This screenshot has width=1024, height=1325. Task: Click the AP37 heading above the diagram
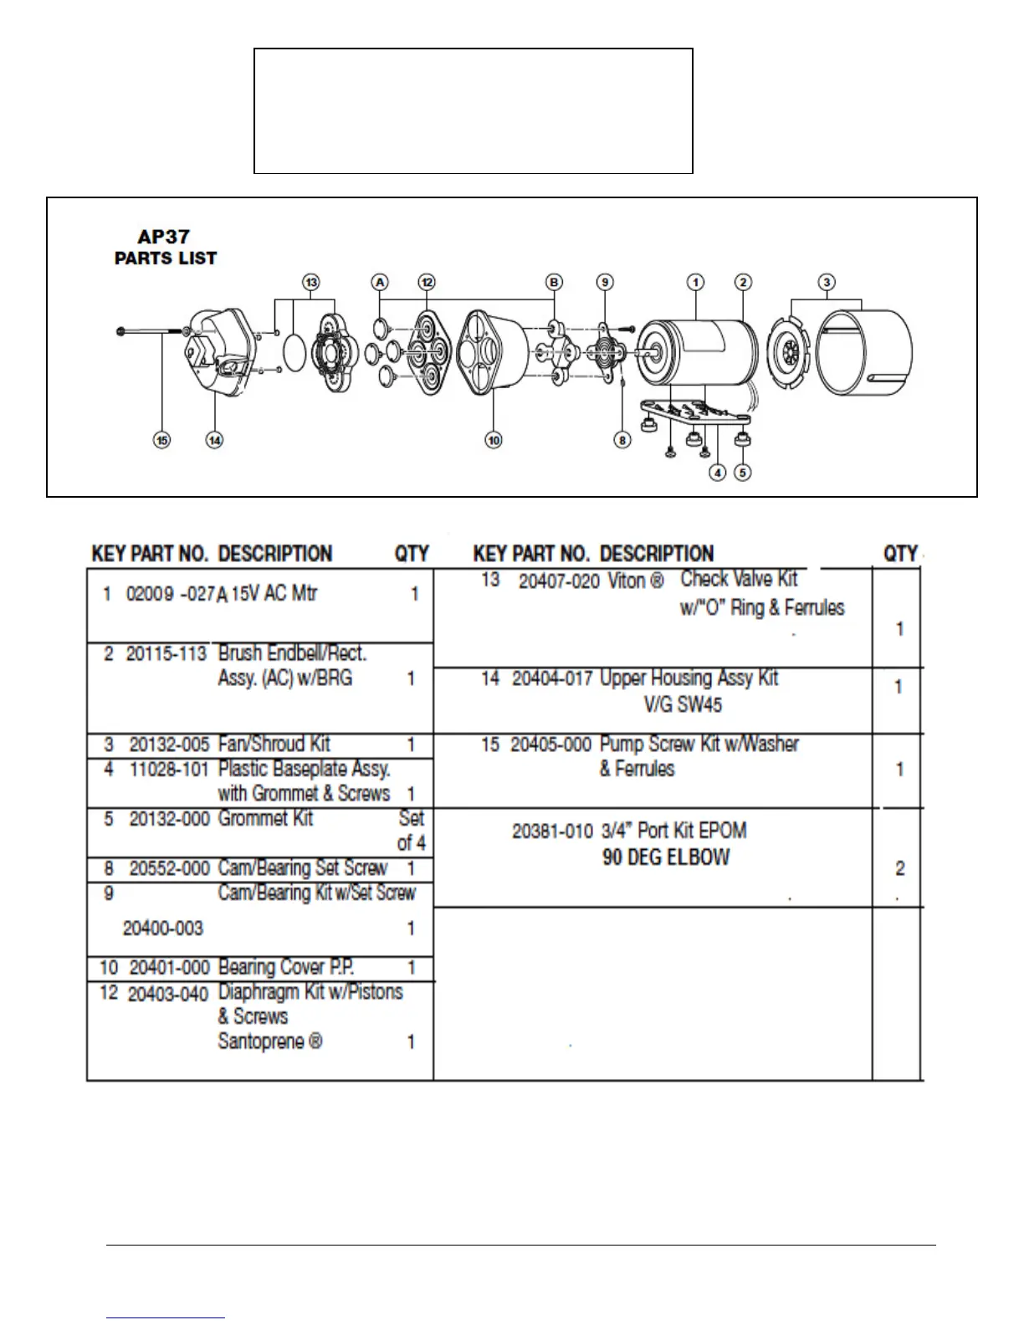[x=163, y=237]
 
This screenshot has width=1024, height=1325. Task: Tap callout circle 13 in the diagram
[x=311, y=282]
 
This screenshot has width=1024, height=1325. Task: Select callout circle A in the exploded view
[x=381, y=282]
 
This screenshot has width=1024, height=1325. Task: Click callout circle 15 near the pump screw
[x=161, y=439]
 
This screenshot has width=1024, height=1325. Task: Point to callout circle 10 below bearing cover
[x=494, y=439]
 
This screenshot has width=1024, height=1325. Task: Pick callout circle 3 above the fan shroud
[x=827, y=282]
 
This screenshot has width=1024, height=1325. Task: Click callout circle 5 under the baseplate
[x=742, y=473]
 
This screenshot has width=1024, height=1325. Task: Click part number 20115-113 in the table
[x=166, y=653]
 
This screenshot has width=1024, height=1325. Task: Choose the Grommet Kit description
[x=265, y=818]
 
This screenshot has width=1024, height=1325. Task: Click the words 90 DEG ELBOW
[x=666, y=857]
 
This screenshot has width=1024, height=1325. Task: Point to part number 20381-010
[x=552, y=831]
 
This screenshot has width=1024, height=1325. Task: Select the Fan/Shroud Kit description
[x=274, y=744]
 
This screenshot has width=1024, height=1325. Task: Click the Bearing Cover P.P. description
[x=285, y=967]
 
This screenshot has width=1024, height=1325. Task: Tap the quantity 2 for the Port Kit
[x=899, y=868]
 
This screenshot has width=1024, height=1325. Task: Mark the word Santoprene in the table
[x=261, y=1041]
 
